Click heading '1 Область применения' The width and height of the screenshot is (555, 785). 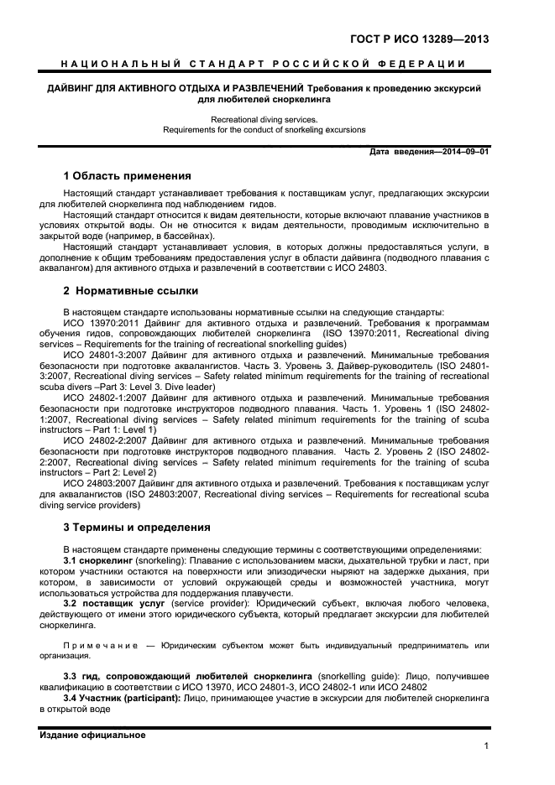coord(127,176)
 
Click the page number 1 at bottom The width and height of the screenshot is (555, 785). coord(486,745)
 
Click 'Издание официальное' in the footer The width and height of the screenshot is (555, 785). coord(92,735)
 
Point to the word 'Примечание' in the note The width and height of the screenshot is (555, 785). coord(93,645)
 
